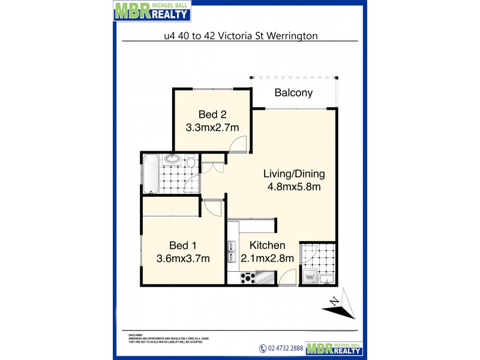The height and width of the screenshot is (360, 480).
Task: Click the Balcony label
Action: coord(293,92)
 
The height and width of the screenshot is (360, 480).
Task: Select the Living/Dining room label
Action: coord(294,174)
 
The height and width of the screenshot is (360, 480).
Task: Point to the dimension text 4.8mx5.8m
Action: coord(294,187)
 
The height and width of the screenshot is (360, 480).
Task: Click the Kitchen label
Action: coord(267,245)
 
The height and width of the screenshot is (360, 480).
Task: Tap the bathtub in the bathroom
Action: coord(151,173)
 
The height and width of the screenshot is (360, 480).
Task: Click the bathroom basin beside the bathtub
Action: coord(173,159)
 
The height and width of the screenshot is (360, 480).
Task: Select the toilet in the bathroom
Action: coord(191,161)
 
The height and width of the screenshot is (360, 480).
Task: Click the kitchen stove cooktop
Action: coord(247,278)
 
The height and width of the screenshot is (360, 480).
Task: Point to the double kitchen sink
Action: coord(232,251)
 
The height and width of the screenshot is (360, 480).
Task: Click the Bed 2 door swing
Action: coord(240,143)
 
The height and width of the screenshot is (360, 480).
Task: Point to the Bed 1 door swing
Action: coord(212,208)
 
